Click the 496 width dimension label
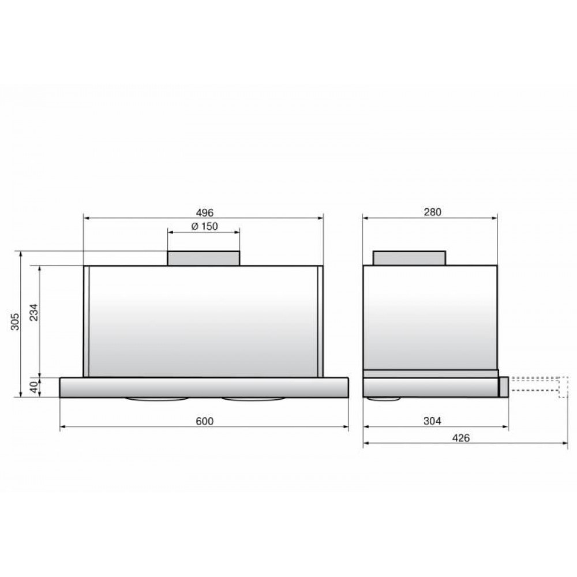tap(205, 213)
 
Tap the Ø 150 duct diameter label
tap(205, 226)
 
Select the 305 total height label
tap(15, 321)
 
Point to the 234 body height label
tap(34, 312)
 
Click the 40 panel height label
tap(34, 387)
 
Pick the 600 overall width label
tap(205, 421)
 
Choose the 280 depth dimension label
tap(432, 212)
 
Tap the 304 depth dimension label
tap(432, 421)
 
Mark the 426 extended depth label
tap(461, 438)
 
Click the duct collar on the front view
tap(204, 258)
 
